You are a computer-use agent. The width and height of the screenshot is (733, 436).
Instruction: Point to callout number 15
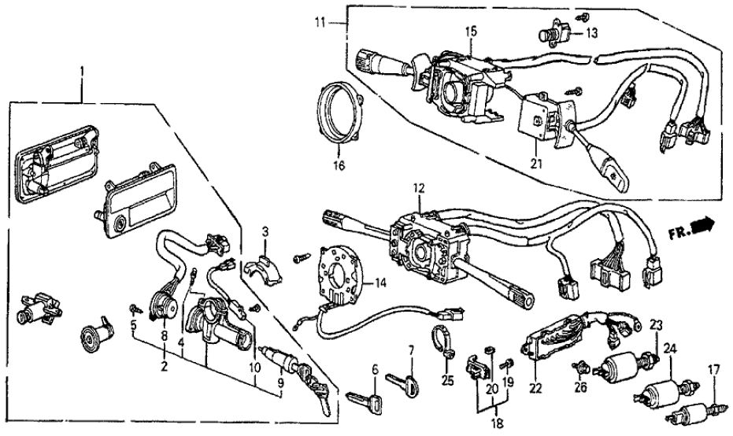pos(470,31)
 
